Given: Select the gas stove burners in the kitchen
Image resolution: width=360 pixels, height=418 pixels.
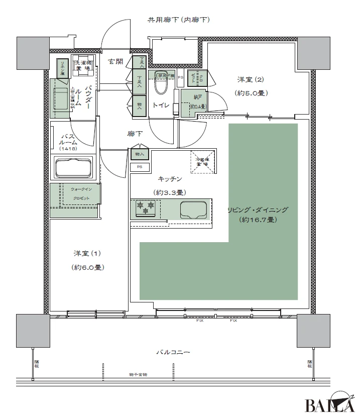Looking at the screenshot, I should pyautogui.click(x=145, y=208).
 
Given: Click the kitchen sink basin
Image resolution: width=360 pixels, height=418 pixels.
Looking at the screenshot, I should pyautogui.click(x=193, y=209).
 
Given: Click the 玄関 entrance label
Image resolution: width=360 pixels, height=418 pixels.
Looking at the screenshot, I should pyautogui.click(x=116, y=62).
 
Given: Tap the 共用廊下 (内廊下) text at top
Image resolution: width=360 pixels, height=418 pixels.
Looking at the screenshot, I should pyautogui.click(x=178, y=20).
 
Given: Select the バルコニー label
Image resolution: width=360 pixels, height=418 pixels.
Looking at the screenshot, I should pyautogui.click(x=177, y=353).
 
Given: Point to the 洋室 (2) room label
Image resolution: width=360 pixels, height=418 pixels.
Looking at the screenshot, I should pyautogui.click(x=250, y=79).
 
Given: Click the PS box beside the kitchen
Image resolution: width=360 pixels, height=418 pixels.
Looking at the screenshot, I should pyautogui.click(x=139, y=167).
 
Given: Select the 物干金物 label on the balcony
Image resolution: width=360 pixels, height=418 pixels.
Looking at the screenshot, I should pyautogui.click(x=137, y=375).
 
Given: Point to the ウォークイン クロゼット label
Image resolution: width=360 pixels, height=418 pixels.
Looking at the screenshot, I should pyautogui.click(x=80, y=193).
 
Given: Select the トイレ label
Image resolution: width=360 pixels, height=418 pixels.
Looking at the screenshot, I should pyautogui.click(x=160, y=106).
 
